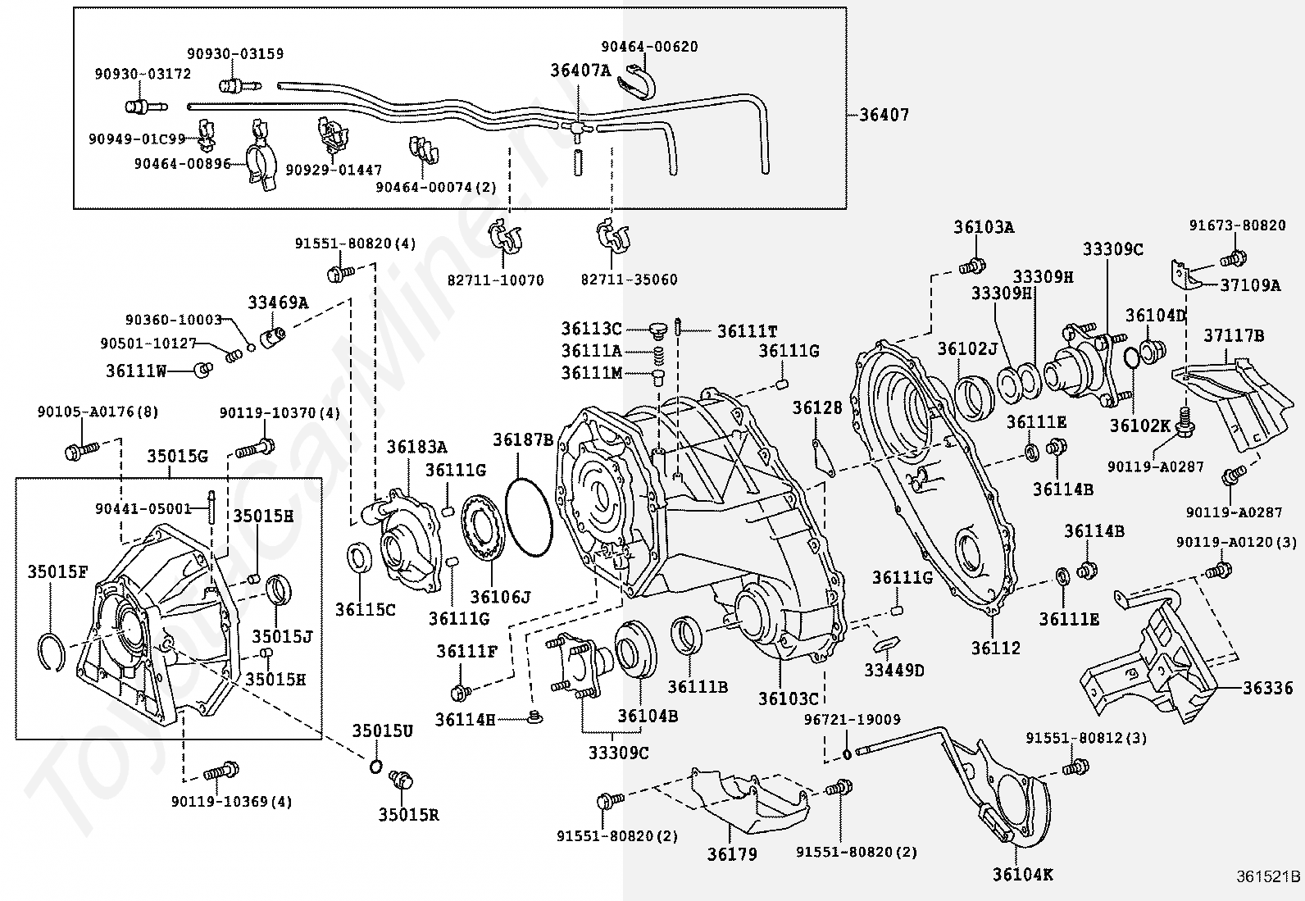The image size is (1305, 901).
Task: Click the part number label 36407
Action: [884, 115]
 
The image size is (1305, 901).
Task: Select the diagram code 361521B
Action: [1268, 876]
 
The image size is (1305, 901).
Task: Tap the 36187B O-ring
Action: [529, 518]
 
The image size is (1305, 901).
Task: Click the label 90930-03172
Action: [143, 74]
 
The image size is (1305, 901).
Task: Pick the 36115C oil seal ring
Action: [361, 557]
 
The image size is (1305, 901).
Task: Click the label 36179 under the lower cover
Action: [732, 854]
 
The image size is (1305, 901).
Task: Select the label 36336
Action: [1268, 689]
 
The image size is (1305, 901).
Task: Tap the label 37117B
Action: [1234, 335]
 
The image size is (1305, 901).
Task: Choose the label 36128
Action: [817, 408]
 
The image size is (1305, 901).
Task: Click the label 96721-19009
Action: [853, 720]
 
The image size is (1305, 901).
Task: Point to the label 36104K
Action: [1023, 875]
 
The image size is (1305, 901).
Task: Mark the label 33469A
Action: [279, 303]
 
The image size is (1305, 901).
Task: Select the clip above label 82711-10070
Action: [504, 237]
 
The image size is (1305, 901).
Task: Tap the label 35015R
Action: [408, 815]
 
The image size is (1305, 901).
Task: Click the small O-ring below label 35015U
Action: [375, 765]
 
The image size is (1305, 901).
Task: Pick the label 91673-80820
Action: [1238, 225]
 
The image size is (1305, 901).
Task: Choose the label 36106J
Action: [501, 597]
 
